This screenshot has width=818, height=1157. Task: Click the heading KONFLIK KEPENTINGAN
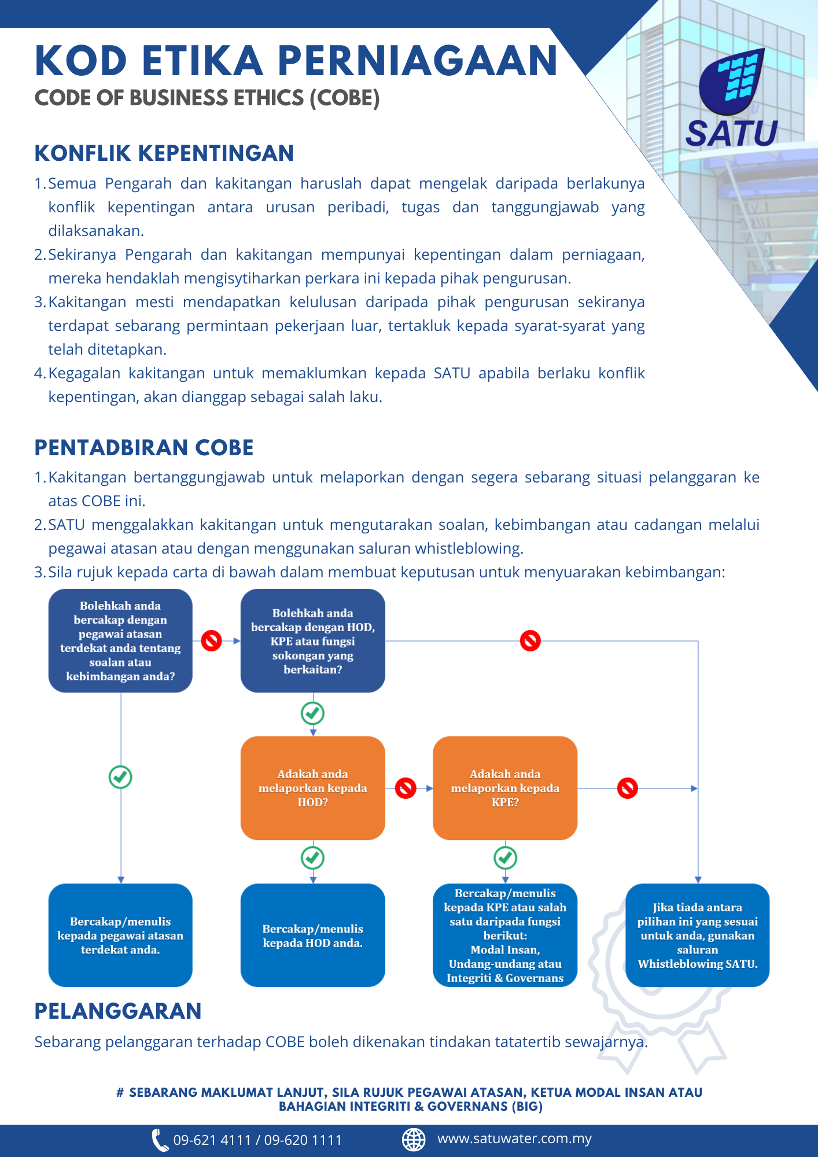tap(164, 153)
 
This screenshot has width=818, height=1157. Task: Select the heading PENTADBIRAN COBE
tap(144, 448)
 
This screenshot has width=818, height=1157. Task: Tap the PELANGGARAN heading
tap(118, 1011)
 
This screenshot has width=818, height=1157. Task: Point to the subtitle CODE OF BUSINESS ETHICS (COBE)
tap(207, 98)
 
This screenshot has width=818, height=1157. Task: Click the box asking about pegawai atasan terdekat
tap(120, 641)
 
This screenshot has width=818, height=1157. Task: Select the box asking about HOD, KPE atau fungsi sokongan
tap(313, 641)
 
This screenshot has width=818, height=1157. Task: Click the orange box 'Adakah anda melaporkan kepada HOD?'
tap(313, 788)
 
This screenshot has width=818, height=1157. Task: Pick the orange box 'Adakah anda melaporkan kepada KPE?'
tap(505, 788)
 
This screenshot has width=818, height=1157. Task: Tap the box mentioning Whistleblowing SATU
tap(698, 935)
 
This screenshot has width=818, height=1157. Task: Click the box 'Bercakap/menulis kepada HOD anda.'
tap(313, 935)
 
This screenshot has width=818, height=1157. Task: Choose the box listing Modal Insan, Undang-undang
tap(505, 935)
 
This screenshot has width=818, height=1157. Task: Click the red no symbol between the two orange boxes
tap(406, 788)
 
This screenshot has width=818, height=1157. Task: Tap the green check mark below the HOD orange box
tap(313, 858)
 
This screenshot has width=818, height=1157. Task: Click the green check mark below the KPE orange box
tap(505, 858)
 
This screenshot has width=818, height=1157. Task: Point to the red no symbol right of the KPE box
tap(628, 788)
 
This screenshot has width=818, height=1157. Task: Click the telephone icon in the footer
tap(159, 1140)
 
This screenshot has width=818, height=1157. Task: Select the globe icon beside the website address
tap(414, 1139)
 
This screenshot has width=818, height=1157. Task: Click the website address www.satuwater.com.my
tap(514, 1138)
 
